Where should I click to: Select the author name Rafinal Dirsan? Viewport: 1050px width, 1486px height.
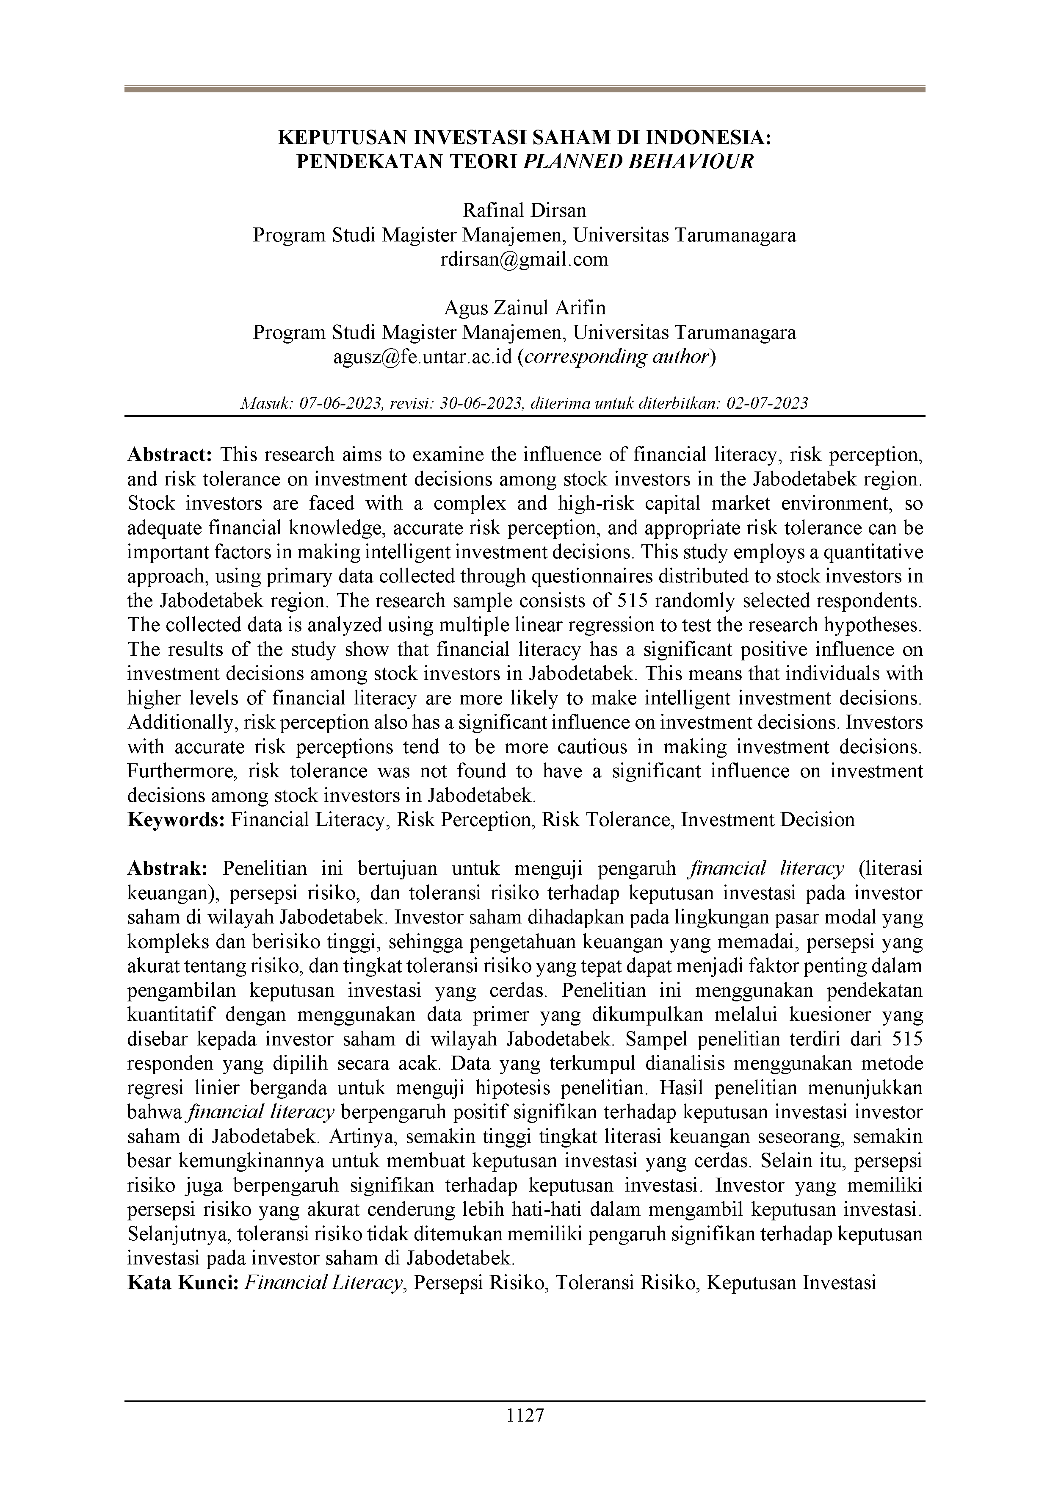click(x=525, y=211)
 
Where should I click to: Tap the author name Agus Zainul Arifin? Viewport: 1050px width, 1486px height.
click(x=525, y=308)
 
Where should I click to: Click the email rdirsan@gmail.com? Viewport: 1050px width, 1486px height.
click(x=525, y=260)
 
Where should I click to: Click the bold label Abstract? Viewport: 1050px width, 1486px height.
click(x=169, y=455)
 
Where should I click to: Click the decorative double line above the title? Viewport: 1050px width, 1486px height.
click(x=525, y=89)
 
